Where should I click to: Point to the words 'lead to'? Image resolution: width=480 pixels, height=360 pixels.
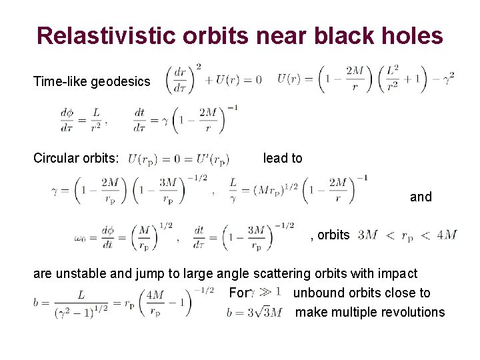click(x=283, y=158)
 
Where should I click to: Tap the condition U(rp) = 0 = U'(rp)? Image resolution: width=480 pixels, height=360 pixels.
click(x=178, y=159)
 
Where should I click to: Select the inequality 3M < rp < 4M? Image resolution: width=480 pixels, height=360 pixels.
click(x=407, y=235)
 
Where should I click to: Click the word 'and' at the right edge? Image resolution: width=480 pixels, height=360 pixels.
click(x=421, y=197)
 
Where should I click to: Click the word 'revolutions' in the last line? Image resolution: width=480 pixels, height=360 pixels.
click(x=411, y=312)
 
